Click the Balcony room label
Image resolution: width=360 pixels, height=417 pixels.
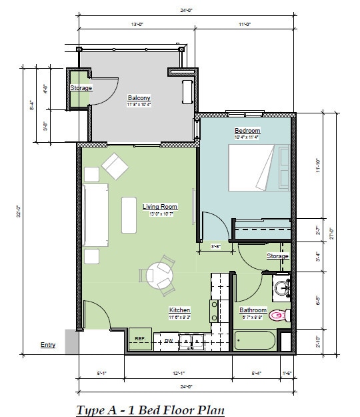[139, 97]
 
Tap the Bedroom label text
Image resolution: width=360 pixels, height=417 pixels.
[247, 130]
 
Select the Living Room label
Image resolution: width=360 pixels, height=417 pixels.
[160, 207]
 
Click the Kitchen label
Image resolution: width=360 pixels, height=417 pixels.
[179, 310]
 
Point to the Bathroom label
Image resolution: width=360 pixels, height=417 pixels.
[253, 310]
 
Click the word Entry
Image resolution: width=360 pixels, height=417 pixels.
[48, 345]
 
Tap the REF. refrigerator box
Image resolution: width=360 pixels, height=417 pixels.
[140, 340]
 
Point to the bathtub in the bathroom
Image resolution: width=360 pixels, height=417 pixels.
[254, 339]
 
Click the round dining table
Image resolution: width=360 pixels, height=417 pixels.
[160, 274]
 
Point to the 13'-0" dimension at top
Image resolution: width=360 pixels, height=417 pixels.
[138, 24]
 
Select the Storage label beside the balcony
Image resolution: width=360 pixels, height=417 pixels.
[81, 88]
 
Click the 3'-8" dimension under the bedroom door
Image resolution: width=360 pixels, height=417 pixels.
[215, 246]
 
